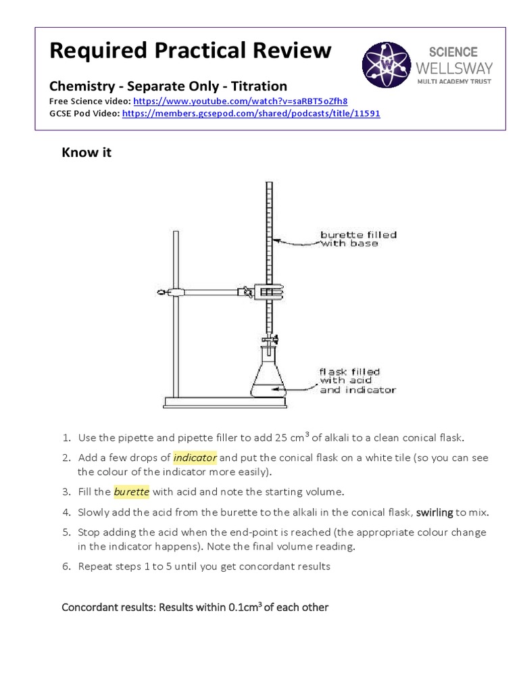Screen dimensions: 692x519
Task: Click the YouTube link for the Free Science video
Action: (x=241, y=101)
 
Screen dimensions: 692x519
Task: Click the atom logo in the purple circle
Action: (x=386, y=66)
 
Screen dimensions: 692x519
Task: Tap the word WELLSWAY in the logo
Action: (x=454, y=68)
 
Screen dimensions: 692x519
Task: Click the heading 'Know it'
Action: (x=86, y=153)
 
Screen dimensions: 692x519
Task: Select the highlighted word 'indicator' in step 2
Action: (x=195, y=458)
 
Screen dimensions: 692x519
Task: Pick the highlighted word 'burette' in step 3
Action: (x=131, y=491)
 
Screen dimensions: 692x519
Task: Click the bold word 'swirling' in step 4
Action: (x=435, y=513)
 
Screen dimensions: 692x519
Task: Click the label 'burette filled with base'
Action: (x=357, y=239)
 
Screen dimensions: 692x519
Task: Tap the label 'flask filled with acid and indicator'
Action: (x=357, y=380)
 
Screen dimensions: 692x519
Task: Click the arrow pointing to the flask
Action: (x=297, y=386)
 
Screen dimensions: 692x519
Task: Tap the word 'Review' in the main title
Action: (x=290, y=50)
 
